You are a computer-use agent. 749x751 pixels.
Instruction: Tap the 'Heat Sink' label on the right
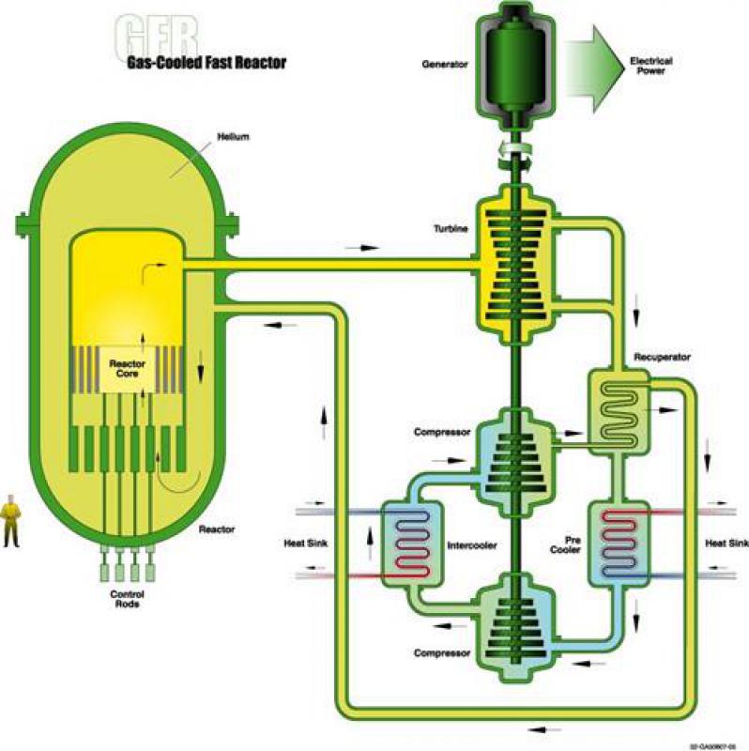[x=727, y=544]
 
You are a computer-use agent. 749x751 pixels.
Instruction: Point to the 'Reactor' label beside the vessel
[x=216, y=529]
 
